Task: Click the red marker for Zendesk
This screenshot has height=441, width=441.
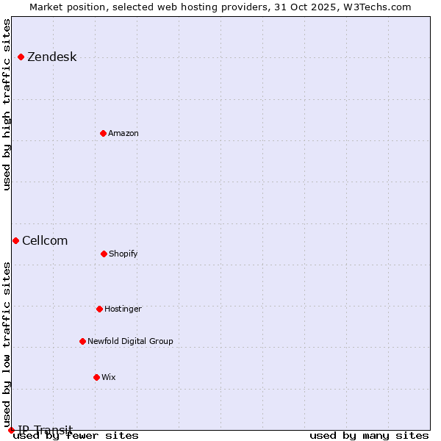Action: [x=21, y=57]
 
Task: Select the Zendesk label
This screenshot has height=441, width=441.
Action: [x=51, y=57]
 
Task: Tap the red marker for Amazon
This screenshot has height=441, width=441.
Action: [x=103, y=133]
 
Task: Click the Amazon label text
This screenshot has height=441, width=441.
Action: [x=123, y=134]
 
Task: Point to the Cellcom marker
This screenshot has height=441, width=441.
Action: [x=15, y=240]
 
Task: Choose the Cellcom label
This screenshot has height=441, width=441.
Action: [x=45, y=241]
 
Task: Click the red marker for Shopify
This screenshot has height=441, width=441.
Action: [x=104, y=254]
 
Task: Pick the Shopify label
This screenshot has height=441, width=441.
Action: [x=123, y=254]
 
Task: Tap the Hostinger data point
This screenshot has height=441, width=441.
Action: [x=99, y=309]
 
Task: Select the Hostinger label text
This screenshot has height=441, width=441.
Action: [x=123, y=309]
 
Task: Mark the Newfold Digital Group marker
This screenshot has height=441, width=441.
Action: [x=82, y=341]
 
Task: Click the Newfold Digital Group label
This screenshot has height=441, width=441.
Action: [x=130, y=342]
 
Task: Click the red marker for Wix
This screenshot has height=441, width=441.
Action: [x=96, y=377]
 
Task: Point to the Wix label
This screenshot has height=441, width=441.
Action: [x=109, y=378]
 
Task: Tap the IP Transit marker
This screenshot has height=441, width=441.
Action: [x=11, y=430]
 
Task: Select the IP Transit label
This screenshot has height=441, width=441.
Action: [x=45, y=430]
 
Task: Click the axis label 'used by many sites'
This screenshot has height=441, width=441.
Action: [x=369, y=436]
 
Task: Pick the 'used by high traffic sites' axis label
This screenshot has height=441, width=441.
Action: [x=7, y=104]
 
